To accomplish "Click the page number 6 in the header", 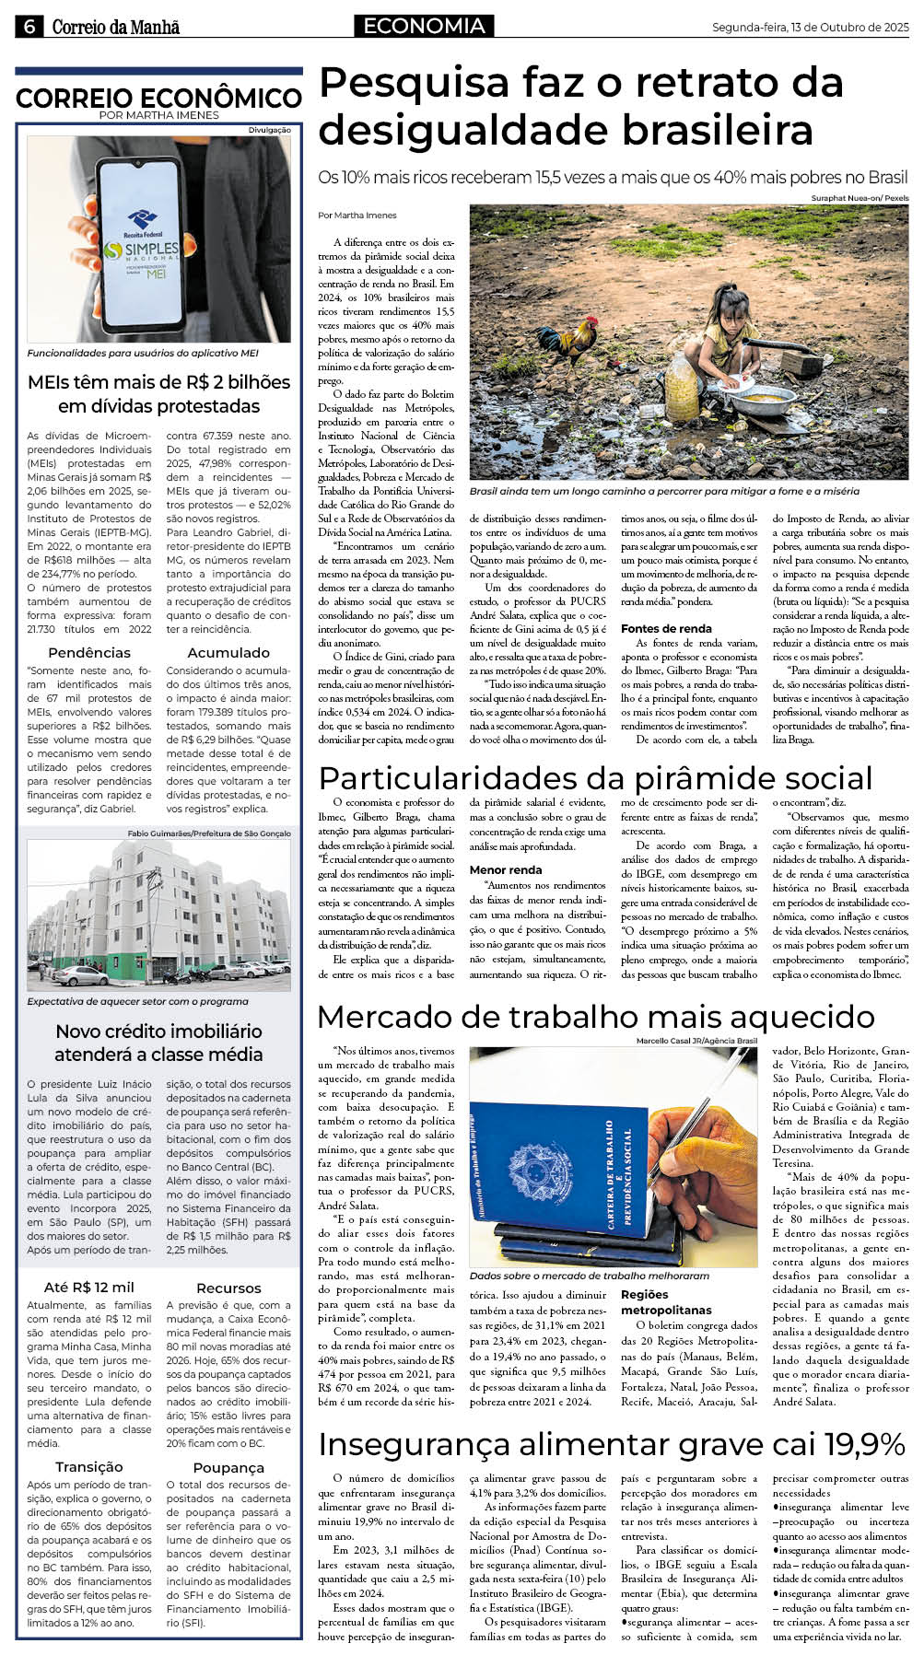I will point(29,27).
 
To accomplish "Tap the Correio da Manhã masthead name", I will point(115,28).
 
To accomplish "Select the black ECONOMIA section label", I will point(423,27).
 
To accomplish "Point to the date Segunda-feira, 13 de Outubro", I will point(810,28).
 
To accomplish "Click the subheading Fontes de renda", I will point(666,629).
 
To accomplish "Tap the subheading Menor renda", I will point(506,869).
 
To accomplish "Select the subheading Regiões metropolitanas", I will point(666,1302).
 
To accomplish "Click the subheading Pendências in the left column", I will point(89,652).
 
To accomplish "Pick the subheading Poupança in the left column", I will point(228,1467).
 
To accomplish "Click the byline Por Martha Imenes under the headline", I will point(357,216).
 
